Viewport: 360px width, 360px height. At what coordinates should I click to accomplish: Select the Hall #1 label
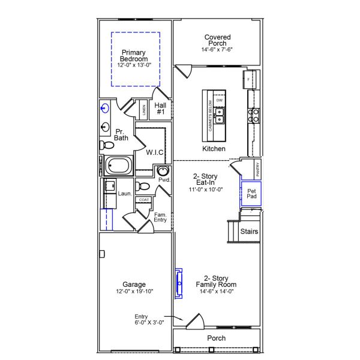coord(161,109)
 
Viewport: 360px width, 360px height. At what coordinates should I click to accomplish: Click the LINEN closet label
coord(143,110)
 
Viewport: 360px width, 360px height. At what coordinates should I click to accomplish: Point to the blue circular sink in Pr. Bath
coord(106,109)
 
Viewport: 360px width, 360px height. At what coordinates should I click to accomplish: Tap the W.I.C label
coord(155,152)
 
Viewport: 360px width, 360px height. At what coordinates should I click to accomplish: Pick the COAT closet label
coord(143,200)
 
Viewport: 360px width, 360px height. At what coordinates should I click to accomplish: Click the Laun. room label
coord(125,194)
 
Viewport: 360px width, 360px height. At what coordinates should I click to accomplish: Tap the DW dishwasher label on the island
coord(220,100)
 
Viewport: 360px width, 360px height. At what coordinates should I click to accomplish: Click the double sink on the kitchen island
coord(220,112)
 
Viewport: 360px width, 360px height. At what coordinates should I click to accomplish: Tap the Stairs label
coord(249,231)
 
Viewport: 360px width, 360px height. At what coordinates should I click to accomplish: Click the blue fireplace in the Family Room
coord(178,283)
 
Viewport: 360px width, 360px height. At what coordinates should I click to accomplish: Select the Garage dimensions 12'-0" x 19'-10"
coord(134,292)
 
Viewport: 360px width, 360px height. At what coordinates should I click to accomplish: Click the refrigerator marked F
coord(250,78)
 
